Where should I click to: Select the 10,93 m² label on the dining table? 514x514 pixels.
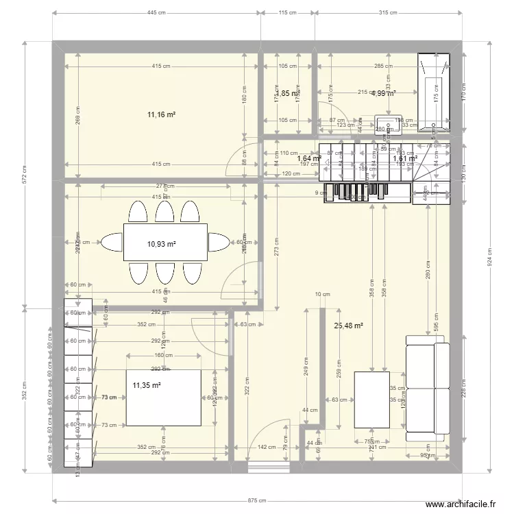pyautogui.click(x=162, y=243)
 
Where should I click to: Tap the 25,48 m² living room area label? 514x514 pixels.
pyautogui.click(x=349, y=326)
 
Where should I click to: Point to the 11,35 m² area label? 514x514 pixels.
pyautogui.click(x=147, y=386)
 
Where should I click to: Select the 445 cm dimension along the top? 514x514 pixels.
pyautogui.click(x=157, y=12)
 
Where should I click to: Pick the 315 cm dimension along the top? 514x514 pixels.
pyautogui.click(x=389, y=12)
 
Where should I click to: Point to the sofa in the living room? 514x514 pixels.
pyautogui.click(x=428, y=388)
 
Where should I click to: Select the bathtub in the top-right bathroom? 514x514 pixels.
pyautogui.click(x=435, y=93)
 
